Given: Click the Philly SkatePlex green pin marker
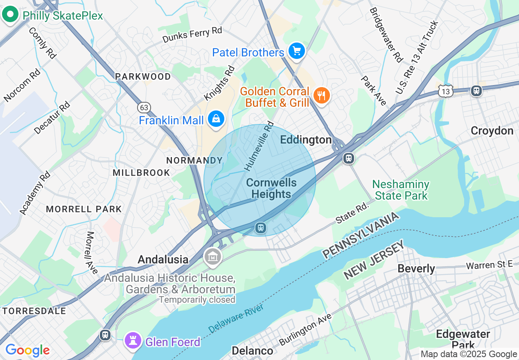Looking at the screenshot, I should pos(10,15).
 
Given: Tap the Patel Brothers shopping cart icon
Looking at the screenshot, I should pos(297,51).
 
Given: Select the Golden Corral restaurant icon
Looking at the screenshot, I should pos(322,96).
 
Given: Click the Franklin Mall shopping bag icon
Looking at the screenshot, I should pos(215,119).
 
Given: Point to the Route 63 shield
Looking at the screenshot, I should pos(144,108).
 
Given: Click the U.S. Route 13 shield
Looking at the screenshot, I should pos(445,92).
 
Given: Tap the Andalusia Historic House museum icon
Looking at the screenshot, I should pos(213,257).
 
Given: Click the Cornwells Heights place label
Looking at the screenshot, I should pos(271,188).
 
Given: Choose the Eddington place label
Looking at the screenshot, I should pos(306,140).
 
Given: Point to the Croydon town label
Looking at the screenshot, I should pos(492,131).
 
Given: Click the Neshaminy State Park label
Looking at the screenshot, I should pos(401,190).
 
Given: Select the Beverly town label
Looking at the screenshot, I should pos(416,269).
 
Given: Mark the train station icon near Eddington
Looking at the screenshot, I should pos(349,158).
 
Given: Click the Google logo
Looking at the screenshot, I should pos(27,350).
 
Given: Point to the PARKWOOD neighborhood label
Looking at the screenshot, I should pos(143,76).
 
